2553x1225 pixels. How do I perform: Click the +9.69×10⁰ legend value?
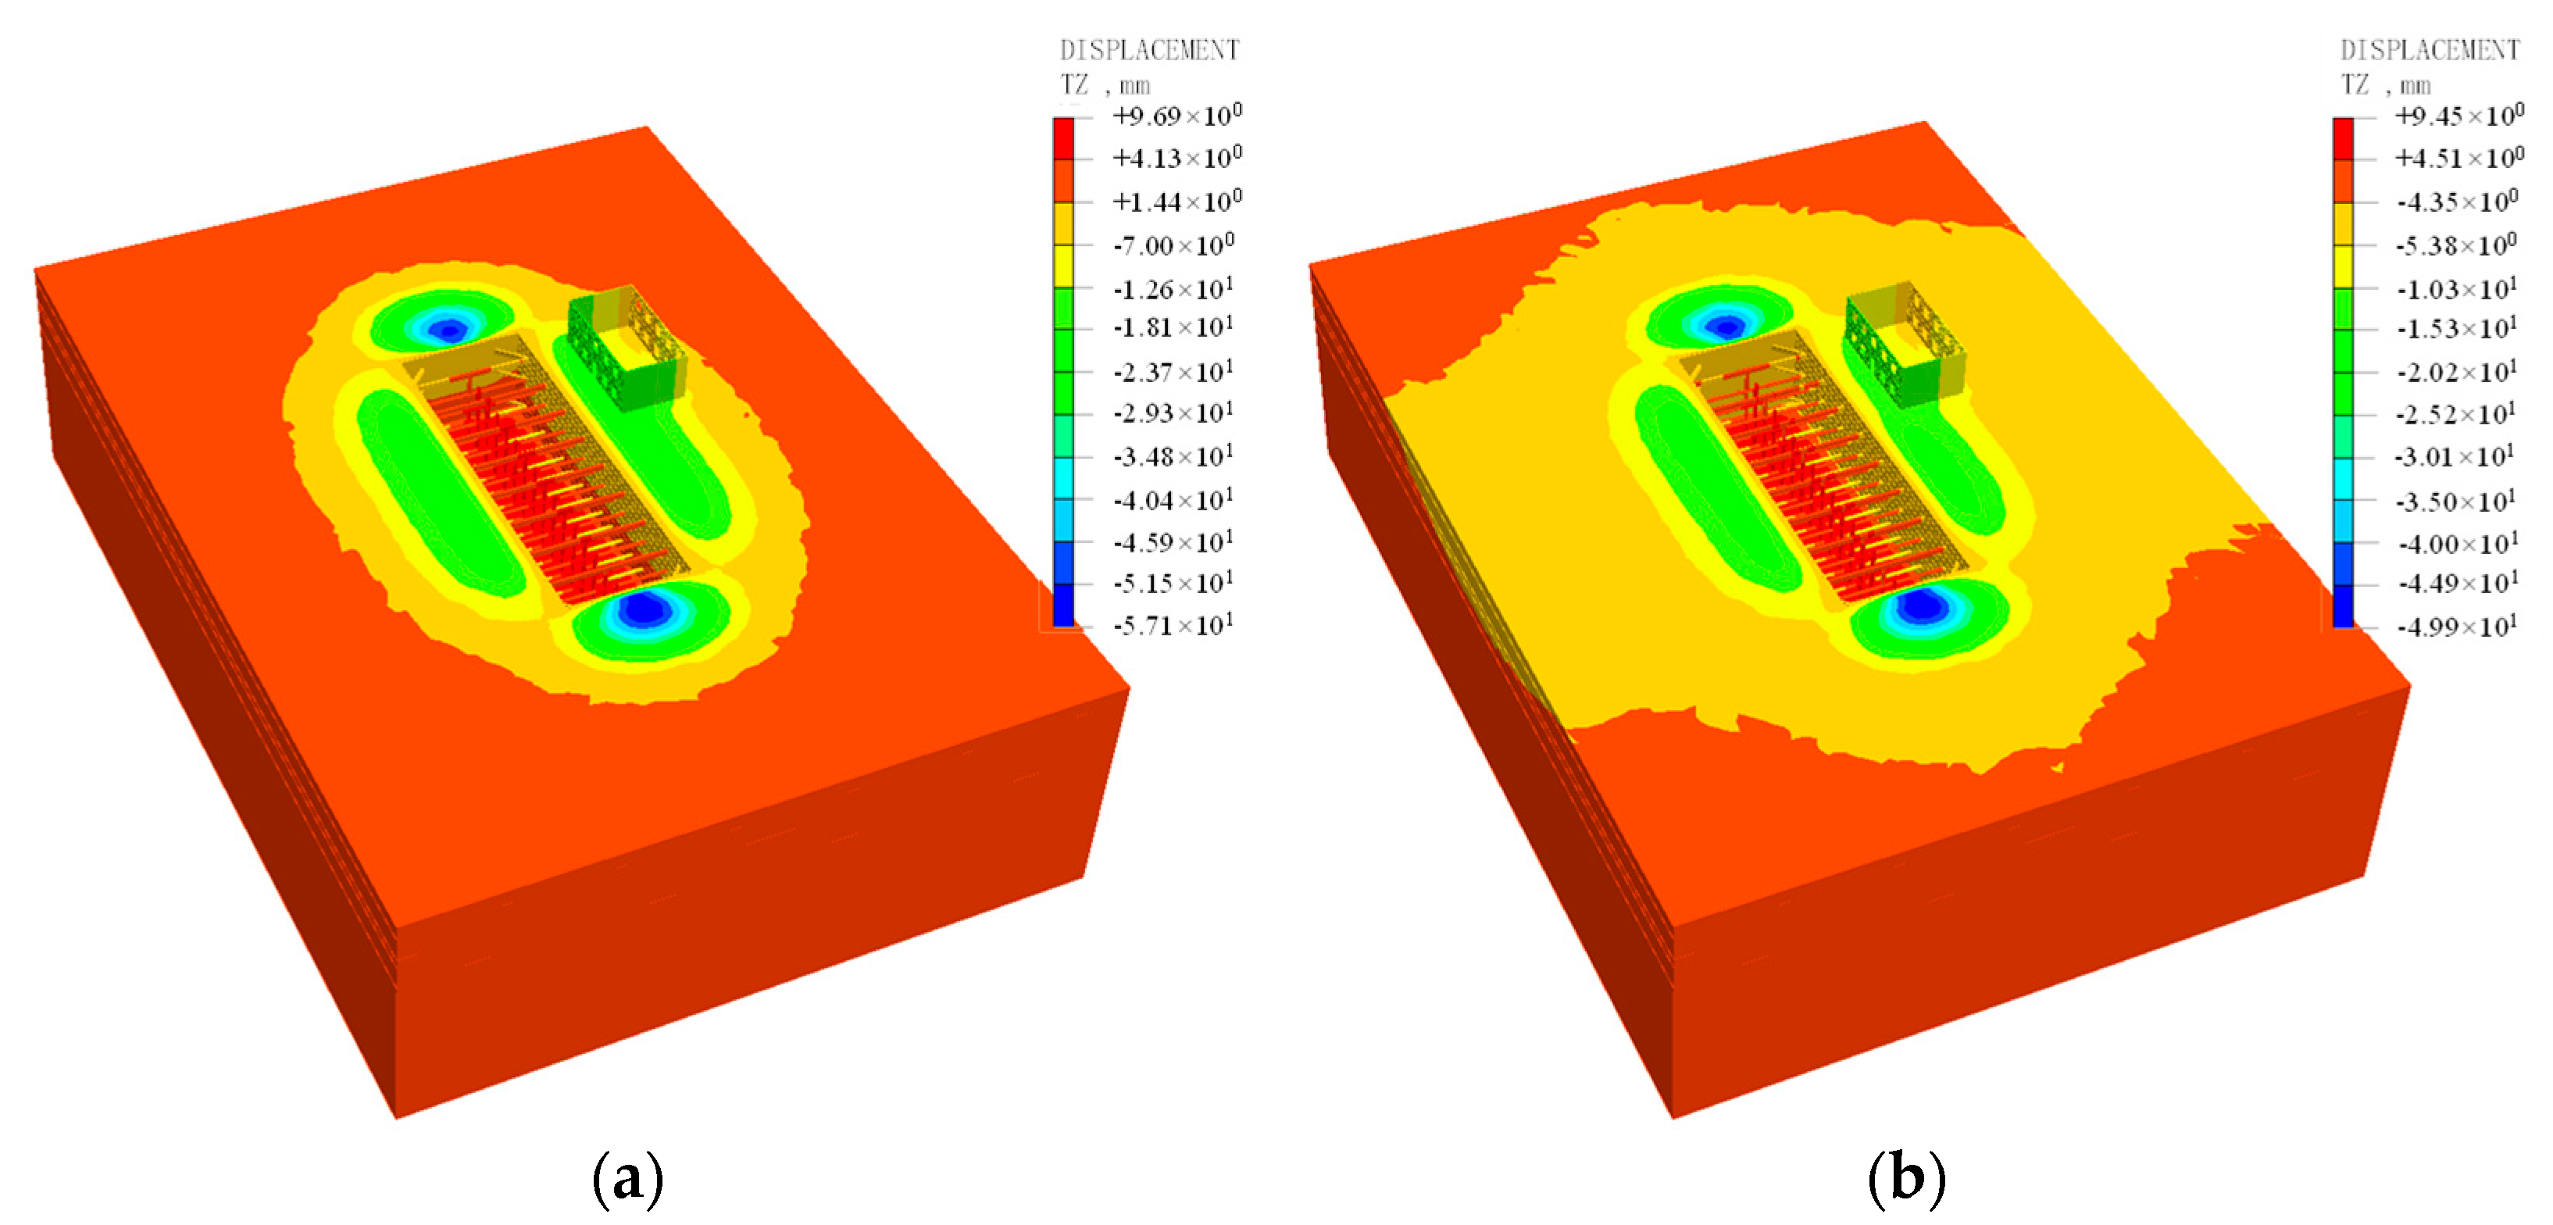click(1177, 116)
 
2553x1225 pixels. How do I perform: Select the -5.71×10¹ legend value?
click(1173, 625)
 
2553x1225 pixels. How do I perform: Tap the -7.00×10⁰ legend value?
click(1173, 244)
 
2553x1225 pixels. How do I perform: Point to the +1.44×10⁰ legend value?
click(1177, 202)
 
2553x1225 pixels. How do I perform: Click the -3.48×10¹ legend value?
click(1173, 457)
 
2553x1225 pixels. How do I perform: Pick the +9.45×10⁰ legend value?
click(2458, 116)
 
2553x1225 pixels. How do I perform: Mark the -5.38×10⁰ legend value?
click(2456, 245)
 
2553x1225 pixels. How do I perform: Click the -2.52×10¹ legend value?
click(2456, 414)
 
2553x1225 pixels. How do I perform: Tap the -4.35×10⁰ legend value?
click(2456, 202)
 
